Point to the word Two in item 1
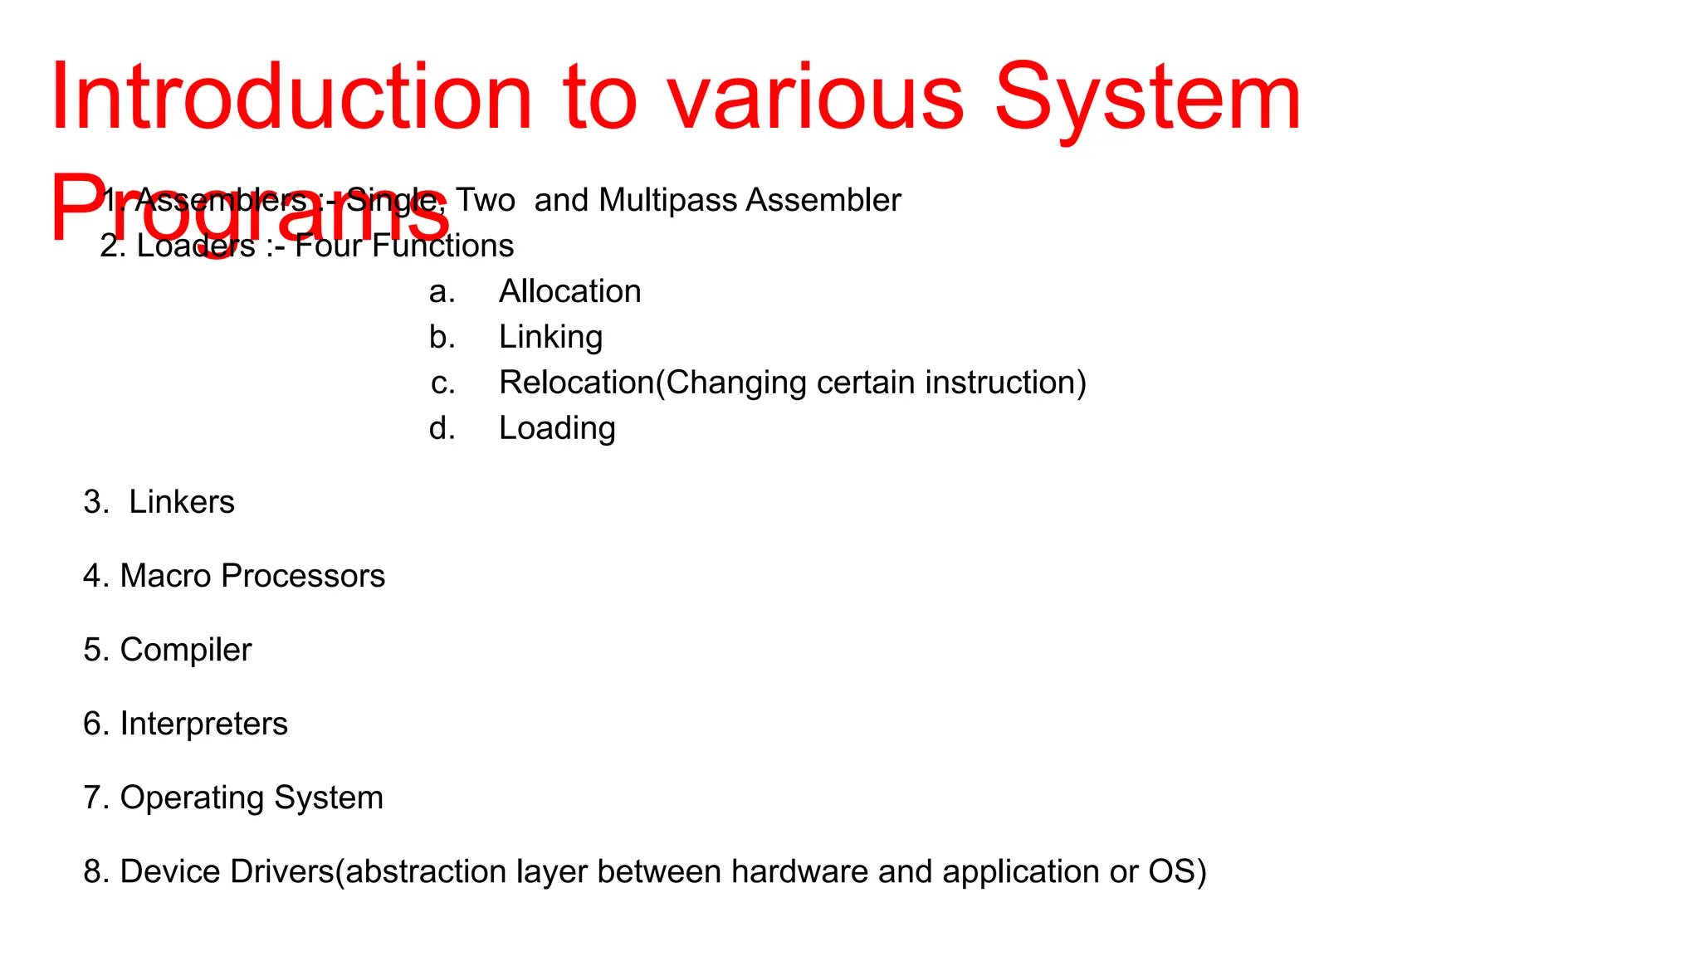(x=486, y=200)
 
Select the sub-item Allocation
(x=569, y=291)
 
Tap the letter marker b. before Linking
(x=442, y=337)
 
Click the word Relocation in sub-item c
(x=577, y=383)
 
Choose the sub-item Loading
(x=557, y=428)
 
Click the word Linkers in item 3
(x=182, y=502)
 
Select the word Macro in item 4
(x=166, y=576)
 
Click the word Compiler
(x=185, y=650)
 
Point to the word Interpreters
(x=203, y=724)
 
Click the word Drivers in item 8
(x=282, y=871)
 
